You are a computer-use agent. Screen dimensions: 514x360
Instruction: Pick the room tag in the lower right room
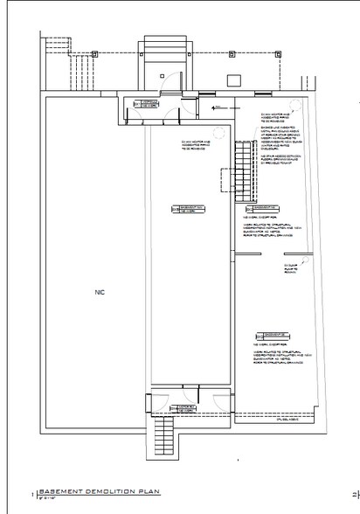click(269, 334)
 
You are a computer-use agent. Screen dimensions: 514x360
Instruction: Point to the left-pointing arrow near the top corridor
click(204, 108)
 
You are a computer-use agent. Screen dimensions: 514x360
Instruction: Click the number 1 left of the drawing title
click(32, 494)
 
